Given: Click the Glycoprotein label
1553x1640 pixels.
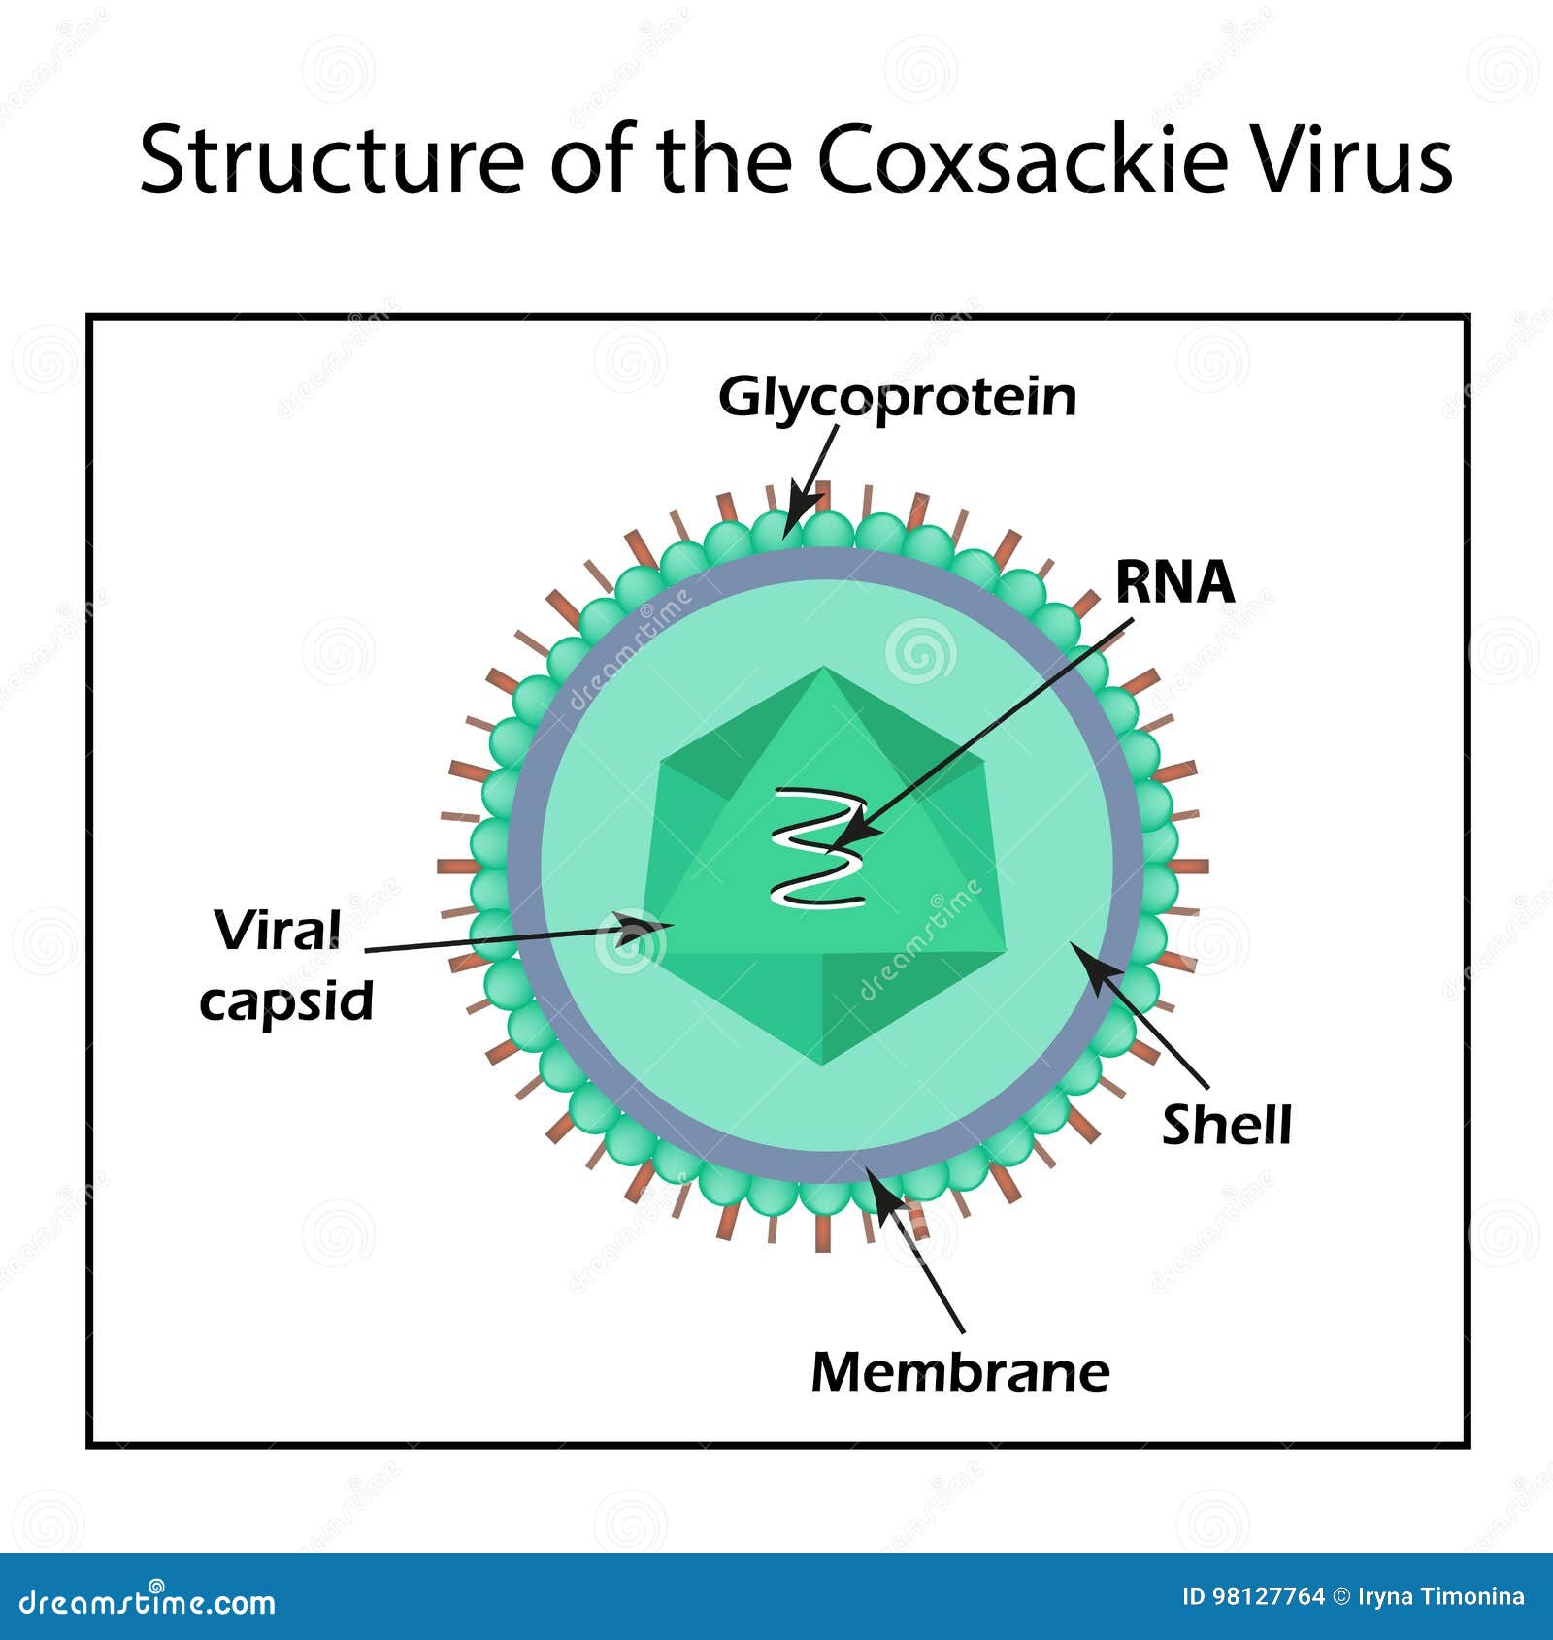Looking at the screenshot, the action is pos(898,399).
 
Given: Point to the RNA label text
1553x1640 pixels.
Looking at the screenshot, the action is pos(1174,581).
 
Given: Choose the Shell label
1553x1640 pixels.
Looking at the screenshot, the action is pos(1227,1125).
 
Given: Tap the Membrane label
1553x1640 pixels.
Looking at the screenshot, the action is pos(960,1372).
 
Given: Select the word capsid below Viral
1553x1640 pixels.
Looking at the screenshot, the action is pos(286,1001).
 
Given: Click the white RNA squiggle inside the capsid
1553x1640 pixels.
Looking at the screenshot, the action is pos(818,848).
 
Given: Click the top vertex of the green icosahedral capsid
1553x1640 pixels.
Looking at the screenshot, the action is pos(823,668).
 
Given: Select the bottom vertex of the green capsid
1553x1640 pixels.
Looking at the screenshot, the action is pos(823,1065).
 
